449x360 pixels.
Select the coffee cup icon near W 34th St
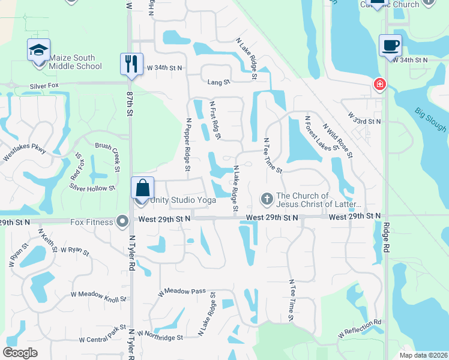point(390,45)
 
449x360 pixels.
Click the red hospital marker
point(379,85)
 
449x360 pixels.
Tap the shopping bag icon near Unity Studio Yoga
point(143,188)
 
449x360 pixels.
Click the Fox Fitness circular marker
point(123,221)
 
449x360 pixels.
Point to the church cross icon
point(267,198)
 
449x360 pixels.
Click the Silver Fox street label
point(46,87)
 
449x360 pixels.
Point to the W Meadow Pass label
point(182,292)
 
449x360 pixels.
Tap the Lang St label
point(218,82)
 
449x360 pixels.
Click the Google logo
point(20,352)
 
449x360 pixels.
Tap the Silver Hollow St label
point(92,188)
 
